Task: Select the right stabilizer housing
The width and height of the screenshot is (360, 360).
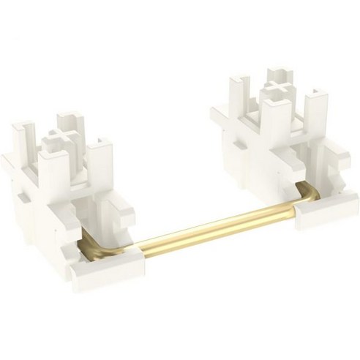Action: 282,146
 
